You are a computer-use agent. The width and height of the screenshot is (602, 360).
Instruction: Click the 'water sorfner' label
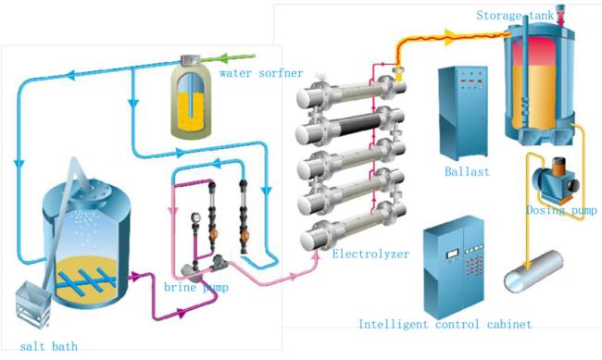[261, 73]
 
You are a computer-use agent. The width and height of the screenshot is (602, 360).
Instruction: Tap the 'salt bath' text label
[49, 346]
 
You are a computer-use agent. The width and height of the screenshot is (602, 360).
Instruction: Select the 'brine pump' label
[196, 287]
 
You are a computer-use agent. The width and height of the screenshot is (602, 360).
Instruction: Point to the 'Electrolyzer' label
[370, 254]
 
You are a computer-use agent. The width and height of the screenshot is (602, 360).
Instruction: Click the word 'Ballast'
[467, 171]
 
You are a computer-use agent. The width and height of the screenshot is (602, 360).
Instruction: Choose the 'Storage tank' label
[515, 16]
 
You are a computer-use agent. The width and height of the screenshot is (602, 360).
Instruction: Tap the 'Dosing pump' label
[561, 210]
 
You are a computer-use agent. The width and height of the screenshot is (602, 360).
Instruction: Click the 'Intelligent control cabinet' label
[445, 324]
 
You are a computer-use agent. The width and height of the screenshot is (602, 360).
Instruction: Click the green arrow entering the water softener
[227, 58]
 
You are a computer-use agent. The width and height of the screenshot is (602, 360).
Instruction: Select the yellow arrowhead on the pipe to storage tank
[451, 36]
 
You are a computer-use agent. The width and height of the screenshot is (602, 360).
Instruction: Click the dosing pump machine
[555, 180]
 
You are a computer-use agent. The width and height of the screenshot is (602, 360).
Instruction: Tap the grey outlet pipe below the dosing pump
[533, 271]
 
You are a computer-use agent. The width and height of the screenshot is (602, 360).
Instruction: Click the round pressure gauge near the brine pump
[196, 217]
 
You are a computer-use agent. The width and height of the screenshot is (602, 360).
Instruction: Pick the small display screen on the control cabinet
[452, 254]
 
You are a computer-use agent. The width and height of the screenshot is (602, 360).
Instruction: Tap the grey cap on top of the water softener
[190, 59]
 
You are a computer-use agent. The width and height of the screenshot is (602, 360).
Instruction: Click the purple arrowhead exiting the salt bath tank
[135, 276]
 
